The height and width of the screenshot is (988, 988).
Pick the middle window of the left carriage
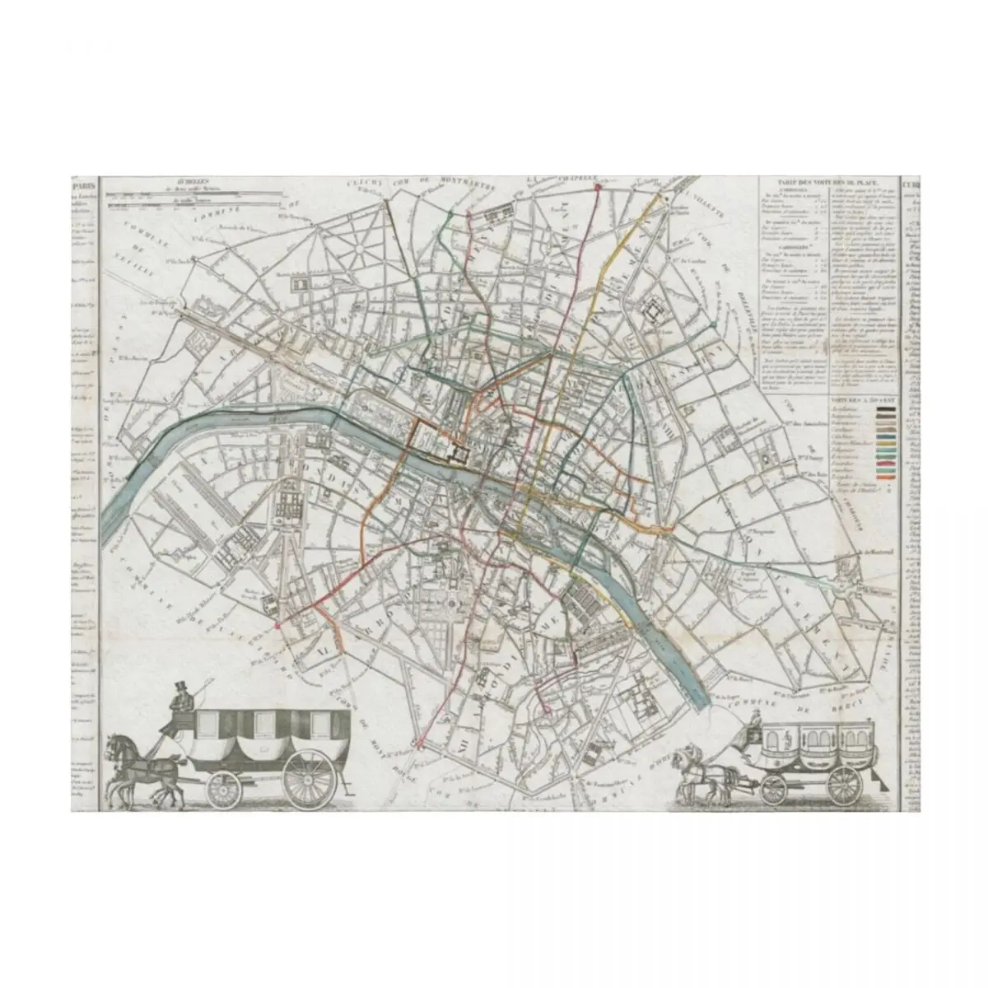coord(265,724)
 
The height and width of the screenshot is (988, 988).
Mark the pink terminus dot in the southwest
coord(277,626)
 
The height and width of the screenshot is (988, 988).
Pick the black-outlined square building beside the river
coord(454,453)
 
